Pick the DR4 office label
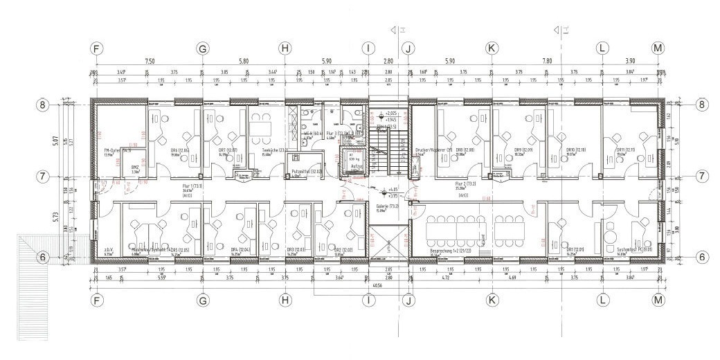point(239,250)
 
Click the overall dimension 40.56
point(377,284)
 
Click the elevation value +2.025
point(391,112)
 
